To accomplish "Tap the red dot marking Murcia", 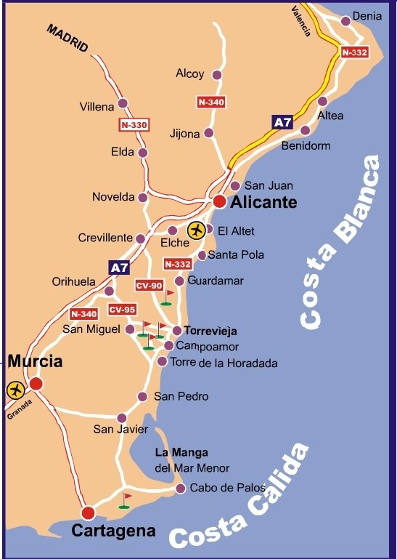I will [x=36, y=383].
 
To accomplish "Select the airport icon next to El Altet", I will [x=196, y=230].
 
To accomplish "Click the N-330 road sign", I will [x=134, y=125].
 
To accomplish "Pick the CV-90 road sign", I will [x=150, y=286].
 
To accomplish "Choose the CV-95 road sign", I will [x=122, y=310].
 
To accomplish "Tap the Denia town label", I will [x=367, y=16].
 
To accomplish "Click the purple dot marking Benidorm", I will [x=306, y=131].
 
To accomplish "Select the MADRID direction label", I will [x=67, y=39].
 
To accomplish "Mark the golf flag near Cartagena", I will [x=126, y=500].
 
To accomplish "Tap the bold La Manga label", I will [x=182, y=452].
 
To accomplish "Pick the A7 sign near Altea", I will [x=282, y=122].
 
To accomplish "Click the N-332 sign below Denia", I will [x=355, y=52].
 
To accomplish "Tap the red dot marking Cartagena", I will [x=89, y=513].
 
